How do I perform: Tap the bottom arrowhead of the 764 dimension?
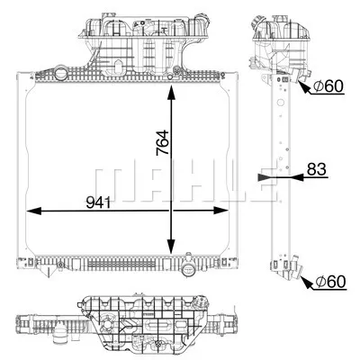[171, 251]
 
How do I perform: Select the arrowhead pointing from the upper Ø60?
[303, 87]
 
